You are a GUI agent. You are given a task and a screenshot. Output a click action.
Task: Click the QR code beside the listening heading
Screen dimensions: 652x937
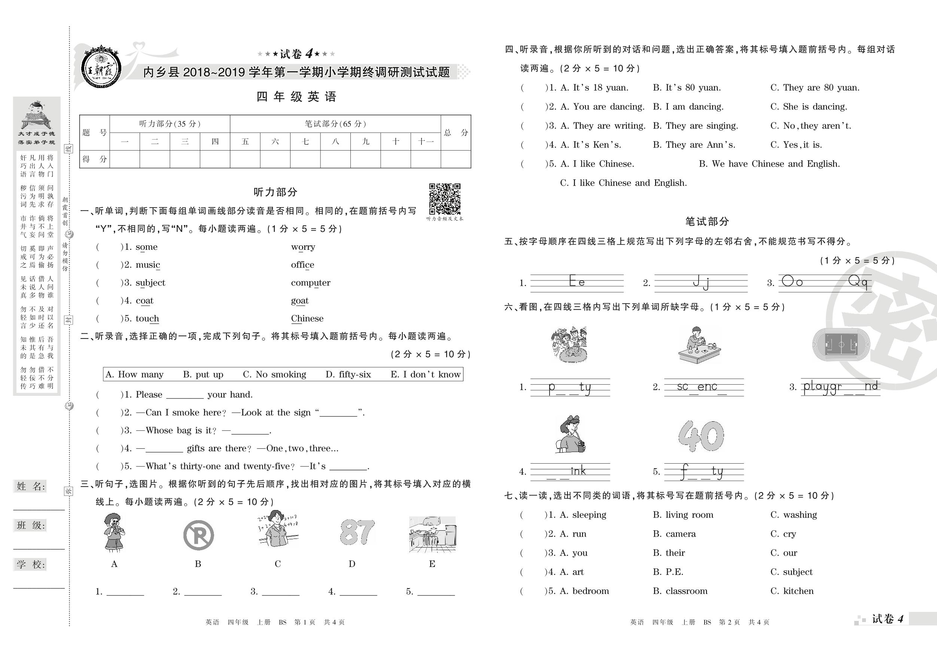pyautogui.click(x=444, y=199)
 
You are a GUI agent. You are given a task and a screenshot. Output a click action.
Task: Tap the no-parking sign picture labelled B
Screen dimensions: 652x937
pyautogui.click(x=198, y=535)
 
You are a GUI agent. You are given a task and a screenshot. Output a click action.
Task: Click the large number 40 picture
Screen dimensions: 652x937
pyautogui.click(x=701, y=436)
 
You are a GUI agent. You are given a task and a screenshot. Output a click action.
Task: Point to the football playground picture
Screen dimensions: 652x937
pyautogui.click(x=841, y=345)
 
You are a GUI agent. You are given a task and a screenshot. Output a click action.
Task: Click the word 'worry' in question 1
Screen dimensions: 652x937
pyautogui.click(x=303, y=247)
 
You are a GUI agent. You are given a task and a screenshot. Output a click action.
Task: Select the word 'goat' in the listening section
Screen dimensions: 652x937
pyautogui.click(x=299, y=301)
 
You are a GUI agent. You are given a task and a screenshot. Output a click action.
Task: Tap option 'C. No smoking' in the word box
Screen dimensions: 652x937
pyautogui.click(x=274, y=374)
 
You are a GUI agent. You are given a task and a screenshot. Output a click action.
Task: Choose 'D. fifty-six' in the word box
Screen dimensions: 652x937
pyautogui.click(x=348, y=374)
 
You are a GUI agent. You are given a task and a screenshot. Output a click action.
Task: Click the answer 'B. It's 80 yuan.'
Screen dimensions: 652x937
pyautogui.click(x=687, y=88)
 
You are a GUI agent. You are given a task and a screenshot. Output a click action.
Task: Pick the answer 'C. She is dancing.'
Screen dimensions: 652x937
pyautogui.click(x=809, y=107)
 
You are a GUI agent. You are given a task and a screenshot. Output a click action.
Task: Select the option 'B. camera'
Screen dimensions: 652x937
pyautogui.click(x=674, y=534)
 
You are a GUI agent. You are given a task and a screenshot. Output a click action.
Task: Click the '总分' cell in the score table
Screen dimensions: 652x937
pyautogui.click(x=456, y=133)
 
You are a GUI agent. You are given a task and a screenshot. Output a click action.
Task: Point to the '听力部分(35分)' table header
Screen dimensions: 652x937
pyautogui.click(x=170, y=124)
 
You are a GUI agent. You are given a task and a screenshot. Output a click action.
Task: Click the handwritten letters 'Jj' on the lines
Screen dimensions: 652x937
pyautogui.click(x=701, y=282)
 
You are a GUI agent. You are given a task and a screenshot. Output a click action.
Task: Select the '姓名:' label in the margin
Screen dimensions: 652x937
pyautogui.click(x=31, y=486)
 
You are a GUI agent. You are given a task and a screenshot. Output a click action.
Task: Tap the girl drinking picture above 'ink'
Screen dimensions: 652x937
pyautogui.click(x=570, y=434)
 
